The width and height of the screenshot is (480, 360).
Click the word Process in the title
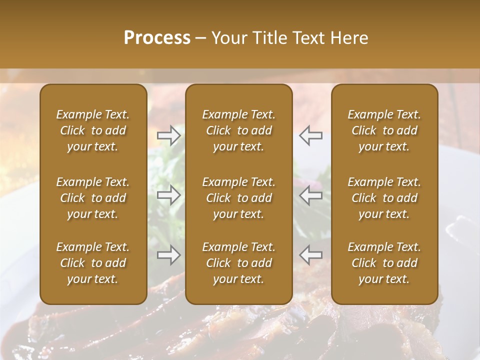click(x=157, y=38)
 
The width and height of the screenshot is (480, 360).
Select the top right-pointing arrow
click(x=169, y=135)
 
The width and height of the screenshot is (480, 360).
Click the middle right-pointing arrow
click(x=169, y=195)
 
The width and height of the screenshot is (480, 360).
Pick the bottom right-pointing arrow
click(x=169, y=255)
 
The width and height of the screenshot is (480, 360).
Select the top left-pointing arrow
click(x=310, y=135)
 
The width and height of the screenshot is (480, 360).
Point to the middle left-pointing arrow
click(x=310, y=195)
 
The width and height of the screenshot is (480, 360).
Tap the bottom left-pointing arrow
click(x=310, y=255)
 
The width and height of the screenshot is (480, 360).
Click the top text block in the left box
click(x=93, y=130)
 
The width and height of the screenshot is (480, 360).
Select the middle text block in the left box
click(x=93, y=198)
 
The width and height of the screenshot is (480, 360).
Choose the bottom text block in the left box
click(x=93, y=263)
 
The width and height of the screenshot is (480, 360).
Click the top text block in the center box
click(x=238, y=130)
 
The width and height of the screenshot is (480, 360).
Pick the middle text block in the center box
click(x=238, y=198)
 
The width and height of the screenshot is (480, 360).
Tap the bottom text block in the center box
click(x=238, y=263)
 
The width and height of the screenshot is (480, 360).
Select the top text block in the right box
click(x=384, y=130)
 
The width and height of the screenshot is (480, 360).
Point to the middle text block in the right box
click(x=384, y=198)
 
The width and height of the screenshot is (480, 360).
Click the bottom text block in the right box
click(x=384, y=263)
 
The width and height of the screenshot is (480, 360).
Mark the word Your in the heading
click(x=227, y=38)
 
